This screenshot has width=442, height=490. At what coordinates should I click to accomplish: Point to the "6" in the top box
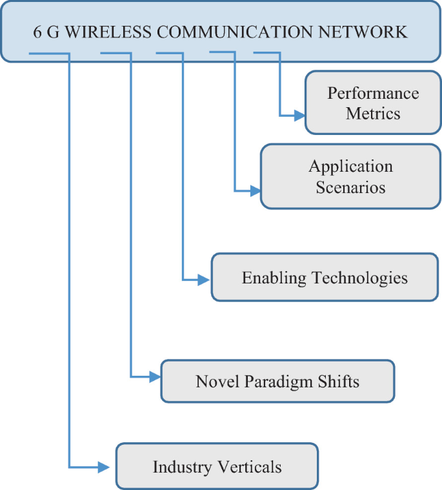(37, 32)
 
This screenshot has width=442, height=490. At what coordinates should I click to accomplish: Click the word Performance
(373, 93)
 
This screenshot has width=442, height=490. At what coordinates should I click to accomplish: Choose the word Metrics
(373, 114)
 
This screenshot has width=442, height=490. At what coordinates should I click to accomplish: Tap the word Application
(350, 167)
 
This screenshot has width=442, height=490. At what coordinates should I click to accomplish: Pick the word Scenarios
(350, 187)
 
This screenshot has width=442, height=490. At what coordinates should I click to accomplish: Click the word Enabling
(274, 278)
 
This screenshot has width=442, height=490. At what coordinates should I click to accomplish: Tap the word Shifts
(338, 381)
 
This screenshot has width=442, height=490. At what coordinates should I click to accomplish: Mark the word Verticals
(248, 467)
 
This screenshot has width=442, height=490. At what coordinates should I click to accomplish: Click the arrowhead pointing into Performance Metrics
(299, 116)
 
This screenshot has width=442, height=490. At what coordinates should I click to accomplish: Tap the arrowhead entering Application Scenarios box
(255, 191)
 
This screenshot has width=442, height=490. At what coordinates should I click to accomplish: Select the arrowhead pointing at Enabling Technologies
(205, 280)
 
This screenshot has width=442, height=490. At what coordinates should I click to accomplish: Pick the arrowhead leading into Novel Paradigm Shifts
(155, 376)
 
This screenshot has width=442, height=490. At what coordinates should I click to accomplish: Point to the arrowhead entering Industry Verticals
(105, 466)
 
